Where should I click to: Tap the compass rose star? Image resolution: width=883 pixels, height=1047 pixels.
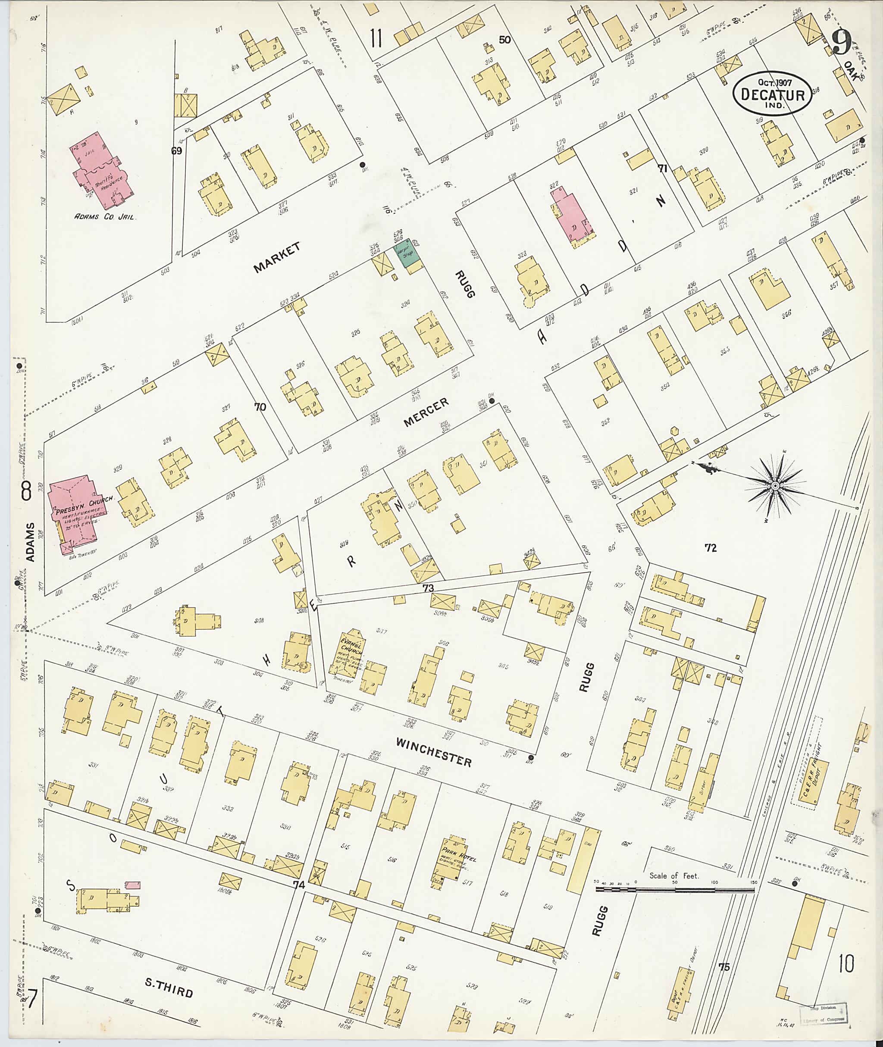tap(774, 485)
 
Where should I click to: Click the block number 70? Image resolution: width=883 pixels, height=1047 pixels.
tap(260, 407)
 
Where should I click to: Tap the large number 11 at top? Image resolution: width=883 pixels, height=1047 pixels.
tap(376, 38)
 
